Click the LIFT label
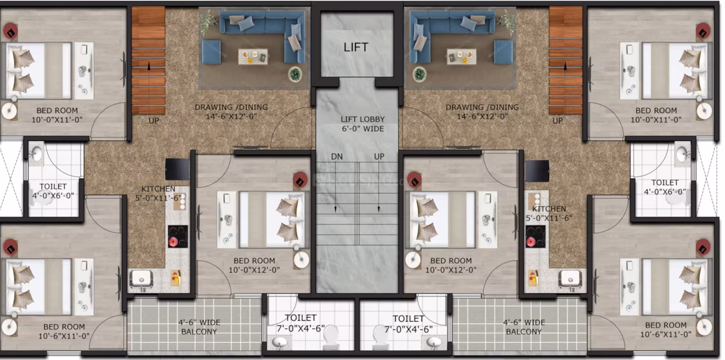click(356, 47)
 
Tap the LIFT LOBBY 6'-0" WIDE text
click(362, 124)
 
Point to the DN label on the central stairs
click(337, 157)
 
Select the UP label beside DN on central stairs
click(379, 157)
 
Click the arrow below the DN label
click(337, 187)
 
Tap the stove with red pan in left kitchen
click(177, 237)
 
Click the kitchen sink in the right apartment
click(569, 278)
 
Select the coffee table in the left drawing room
click(252, 56)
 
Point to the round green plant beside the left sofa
click(294, 74)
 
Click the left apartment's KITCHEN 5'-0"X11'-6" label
click(158, 192)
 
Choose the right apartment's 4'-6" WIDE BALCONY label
click(523, 327)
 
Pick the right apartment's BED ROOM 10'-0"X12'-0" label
click(451, 265)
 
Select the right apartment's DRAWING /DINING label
click(482, 112)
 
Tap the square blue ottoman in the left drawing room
click(211, 52)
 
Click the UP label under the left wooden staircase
click(154, 121)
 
